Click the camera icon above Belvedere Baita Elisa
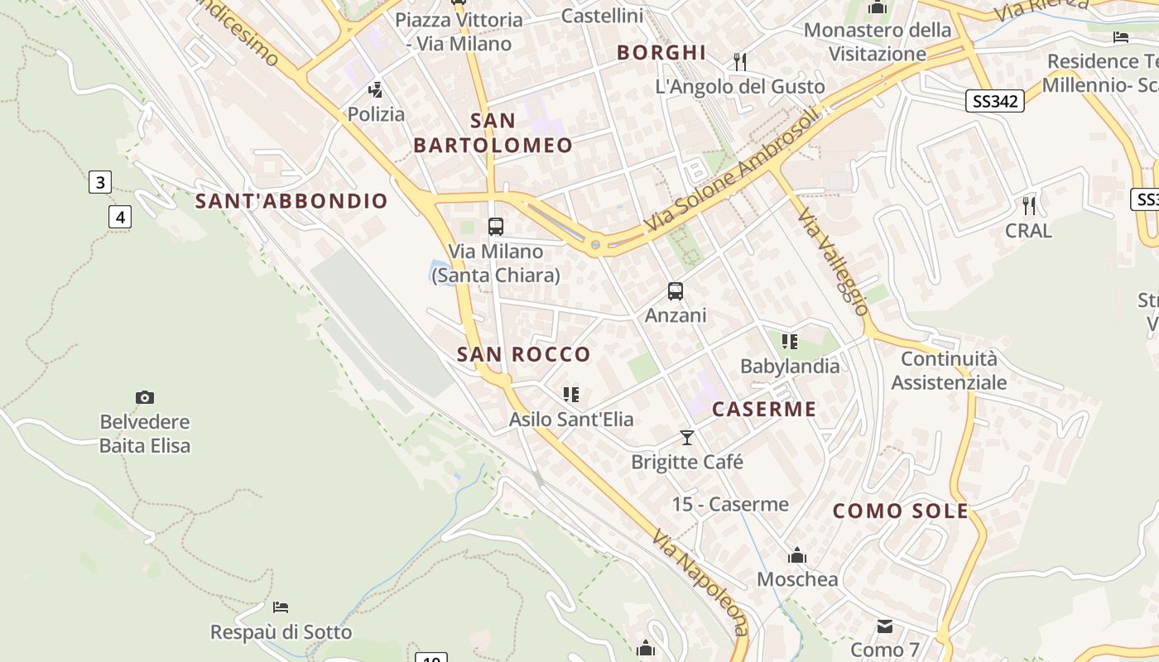145,398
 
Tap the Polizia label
376,114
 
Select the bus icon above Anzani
676,291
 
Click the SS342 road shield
995,101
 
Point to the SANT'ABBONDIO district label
291,201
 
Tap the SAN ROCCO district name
524,355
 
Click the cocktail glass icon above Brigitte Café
686,437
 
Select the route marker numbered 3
100,182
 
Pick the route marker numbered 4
120,218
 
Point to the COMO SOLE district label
901,511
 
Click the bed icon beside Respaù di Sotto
281,607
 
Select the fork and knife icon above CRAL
1028,205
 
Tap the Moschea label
797,579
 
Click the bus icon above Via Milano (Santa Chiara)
496,226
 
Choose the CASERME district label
764,410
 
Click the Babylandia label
790,366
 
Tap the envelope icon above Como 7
885,626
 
